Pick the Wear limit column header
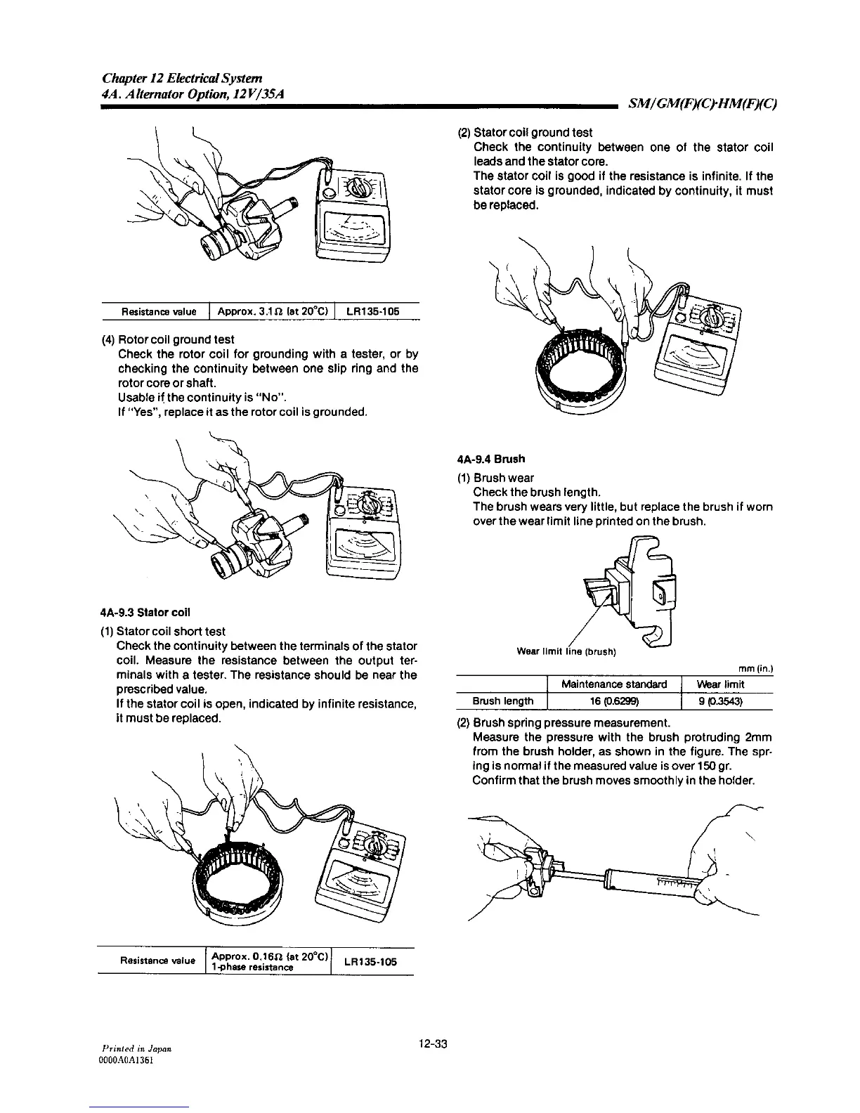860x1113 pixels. pos(720,684)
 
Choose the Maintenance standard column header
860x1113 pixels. pos(614,684)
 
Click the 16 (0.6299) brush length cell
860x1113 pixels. pos(614,701)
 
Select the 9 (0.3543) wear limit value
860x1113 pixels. pos(720,701)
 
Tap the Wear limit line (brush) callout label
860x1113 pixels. pos(566,651)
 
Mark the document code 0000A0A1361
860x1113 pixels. pos(128,1060)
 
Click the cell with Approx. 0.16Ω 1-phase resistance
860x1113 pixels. pos(268,962)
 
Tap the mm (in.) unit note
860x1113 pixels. pos(755,669)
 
